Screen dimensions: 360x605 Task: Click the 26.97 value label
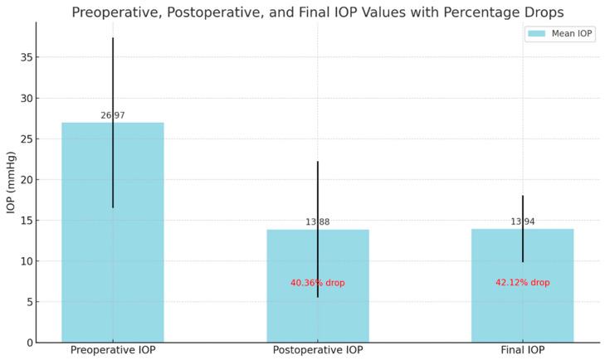(x=113, y=115)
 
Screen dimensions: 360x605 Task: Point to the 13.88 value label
(x=318, y=222)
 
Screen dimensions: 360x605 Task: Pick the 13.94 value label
(x=523, y=221)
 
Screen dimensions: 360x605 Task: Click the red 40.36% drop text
(x=318, y=283)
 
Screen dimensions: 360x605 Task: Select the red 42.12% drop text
(x=523, y=283)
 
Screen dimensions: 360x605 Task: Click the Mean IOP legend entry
(x=560, y=34)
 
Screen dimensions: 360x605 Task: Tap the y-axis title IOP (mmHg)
(x=11, y=182)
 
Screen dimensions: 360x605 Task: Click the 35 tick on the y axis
(x=25, y=57)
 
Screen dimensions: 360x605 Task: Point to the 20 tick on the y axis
(x=25, y=179)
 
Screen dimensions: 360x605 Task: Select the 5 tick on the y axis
(x=27, y=301)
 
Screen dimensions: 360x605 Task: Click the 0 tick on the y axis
(x=27, y=342)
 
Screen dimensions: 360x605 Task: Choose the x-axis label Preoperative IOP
(x=113, y=351)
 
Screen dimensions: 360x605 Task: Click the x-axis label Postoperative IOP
(x=318, y=351)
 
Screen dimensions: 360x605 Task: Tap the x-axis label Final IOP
(x=523, y=351)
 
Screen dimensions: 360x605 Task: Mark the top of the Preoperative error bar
(x=113, y=38)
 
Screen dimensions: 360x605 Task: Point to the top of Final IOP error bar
(x=523, y=196)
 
